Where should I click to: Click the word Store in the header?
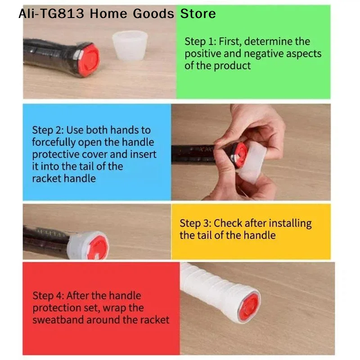tap(198, 13)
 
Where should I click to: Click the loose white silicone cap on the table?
tap(130, 45)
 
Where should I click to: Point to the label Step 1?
tap(200, 42)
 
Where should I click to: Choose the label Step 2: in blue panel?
tap(48, 130)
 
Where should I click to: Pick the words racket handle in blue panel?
tap(64, 179)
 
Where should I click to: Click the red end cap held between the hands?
tap(239, 152)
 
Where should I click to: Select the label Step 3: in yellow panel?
tap(195, 223)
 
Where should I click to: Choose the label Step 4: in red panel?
tap(48, 296)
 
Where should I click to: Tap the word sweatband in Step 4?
tap(58, 320)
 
